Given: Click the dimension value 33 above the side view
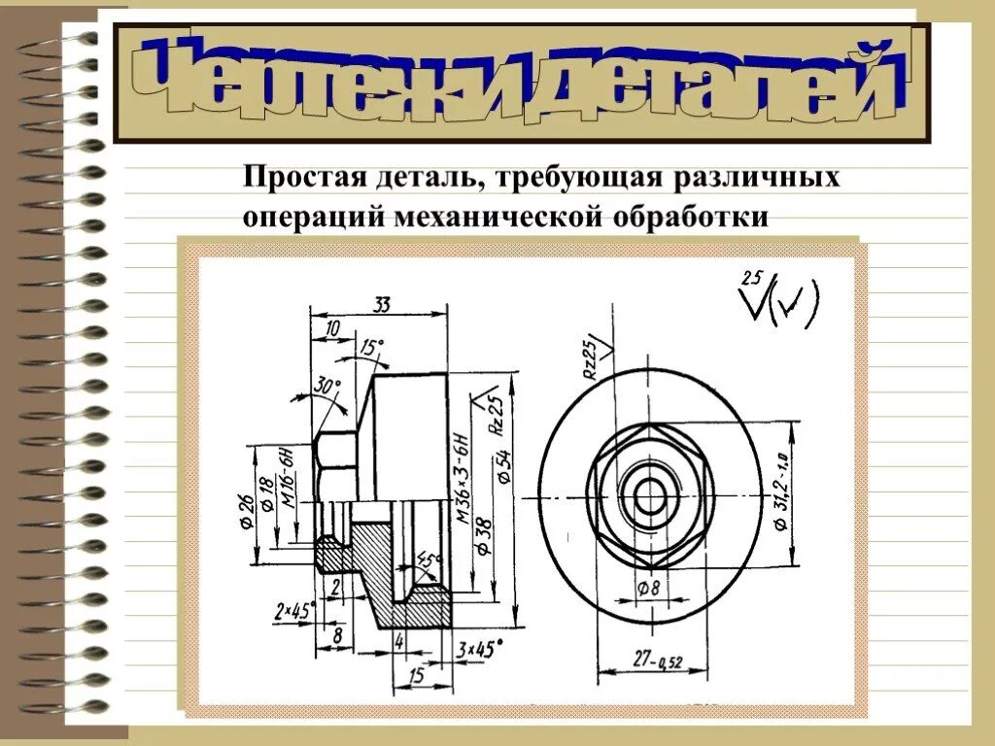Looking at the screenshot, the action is click(x=380, y=305).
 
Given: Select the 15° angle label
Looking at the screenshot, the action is click(x=371, y=348).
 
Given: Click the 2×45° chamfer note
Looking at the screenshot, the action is click(x=295, y=612).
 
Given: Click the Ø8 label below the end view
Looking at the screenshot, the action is click(x=648, y=588).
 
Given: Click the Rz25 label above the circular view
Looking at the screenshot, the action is click(x=589, y=358).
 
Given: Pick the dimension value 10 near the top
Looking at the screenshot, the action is click(x=333, y=329).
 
